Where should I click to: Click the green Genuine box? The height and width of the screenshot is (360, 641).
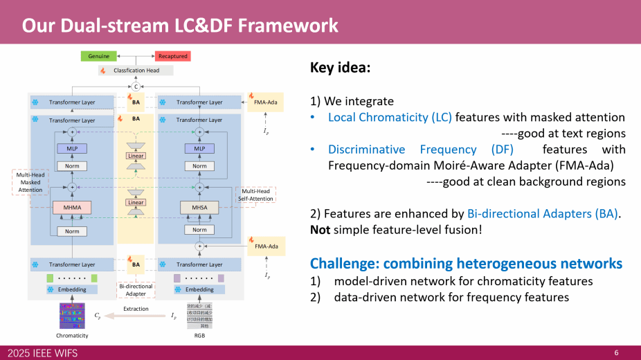pos(98,56)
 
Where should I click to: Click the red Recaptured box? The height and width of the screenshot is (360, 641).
pos(172,56)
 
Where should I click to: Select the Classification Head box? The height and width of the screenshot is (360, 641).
pos(136,71)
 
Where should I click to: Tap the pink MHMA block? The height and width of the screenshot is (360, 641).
pos(71,208)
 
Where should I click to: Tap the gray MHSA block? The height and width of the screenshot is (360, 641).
pos(199,208)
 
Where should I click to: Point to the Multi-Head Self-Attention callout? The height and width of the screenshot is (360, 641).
pos(255,195)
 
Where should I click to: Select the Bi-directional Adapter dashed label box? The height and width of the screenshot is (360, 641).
pos(136,290)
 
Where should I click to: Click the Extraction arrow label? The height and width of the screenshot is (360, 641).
pos(136,309)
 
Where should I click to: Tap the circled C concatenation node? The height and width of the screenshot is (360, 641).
pos(136,87)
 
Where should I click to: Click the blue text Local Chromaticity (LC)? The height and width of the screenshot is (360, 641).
pos(390,118)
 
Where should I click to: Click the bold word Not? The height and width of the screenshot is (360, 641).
pos(320,229)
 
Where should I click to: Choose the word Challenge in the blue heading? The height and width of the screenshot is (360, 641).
pos(343,264)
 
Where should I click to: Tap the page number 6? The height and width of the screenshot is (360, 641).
pos(616,353)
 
